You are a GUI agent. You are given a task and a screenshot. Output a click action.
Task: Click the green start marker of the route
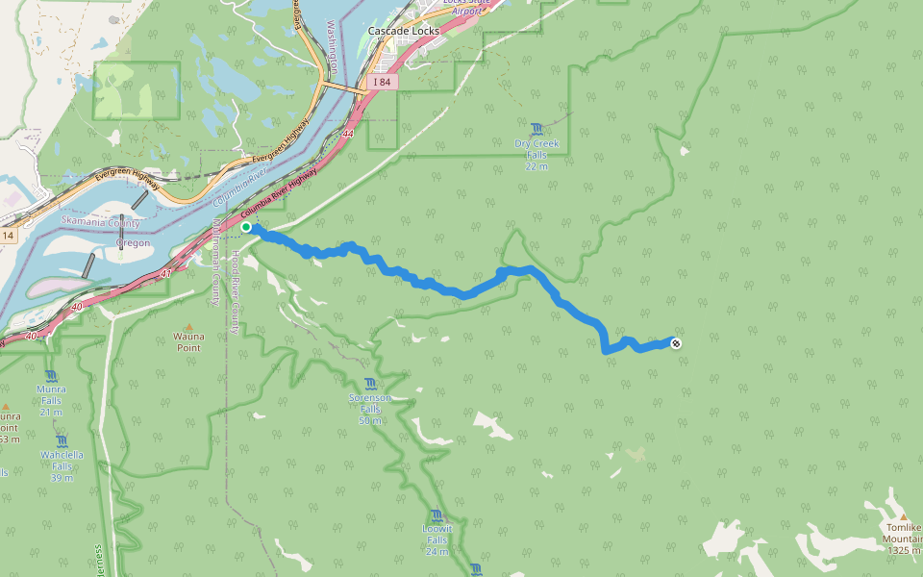pos(246,227)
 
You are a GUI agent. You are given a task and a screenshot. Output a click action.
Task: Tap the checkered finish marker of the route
pos(676,343)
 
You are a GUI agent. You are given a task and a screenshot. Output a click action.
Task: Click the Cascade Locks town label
pos(404,31)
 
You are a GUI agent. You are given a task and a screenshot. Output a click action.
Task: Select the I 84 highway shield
pos(383,83)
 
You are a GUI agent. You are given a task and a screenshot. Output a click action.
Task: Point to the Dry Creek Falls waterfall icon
pos(536,128)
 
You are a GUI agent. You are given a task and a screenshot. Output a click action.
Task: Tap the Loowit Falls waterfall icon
pos(437,515)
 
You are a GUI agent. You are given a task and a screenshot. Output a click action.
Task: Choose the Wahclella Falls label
pos(62,466)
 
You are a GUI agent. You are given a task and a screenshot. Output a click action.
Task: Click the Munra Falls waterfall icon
pos(50,376)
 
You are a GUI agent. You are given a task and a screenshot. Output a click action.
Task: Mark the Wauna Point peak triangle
pos(188,326)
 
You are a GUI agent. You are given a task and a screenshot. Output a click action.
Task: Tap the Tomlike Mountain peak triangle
pos(903,517)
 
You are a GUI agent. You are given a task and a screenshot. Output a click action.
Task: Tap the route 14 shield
pos(8,236)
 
